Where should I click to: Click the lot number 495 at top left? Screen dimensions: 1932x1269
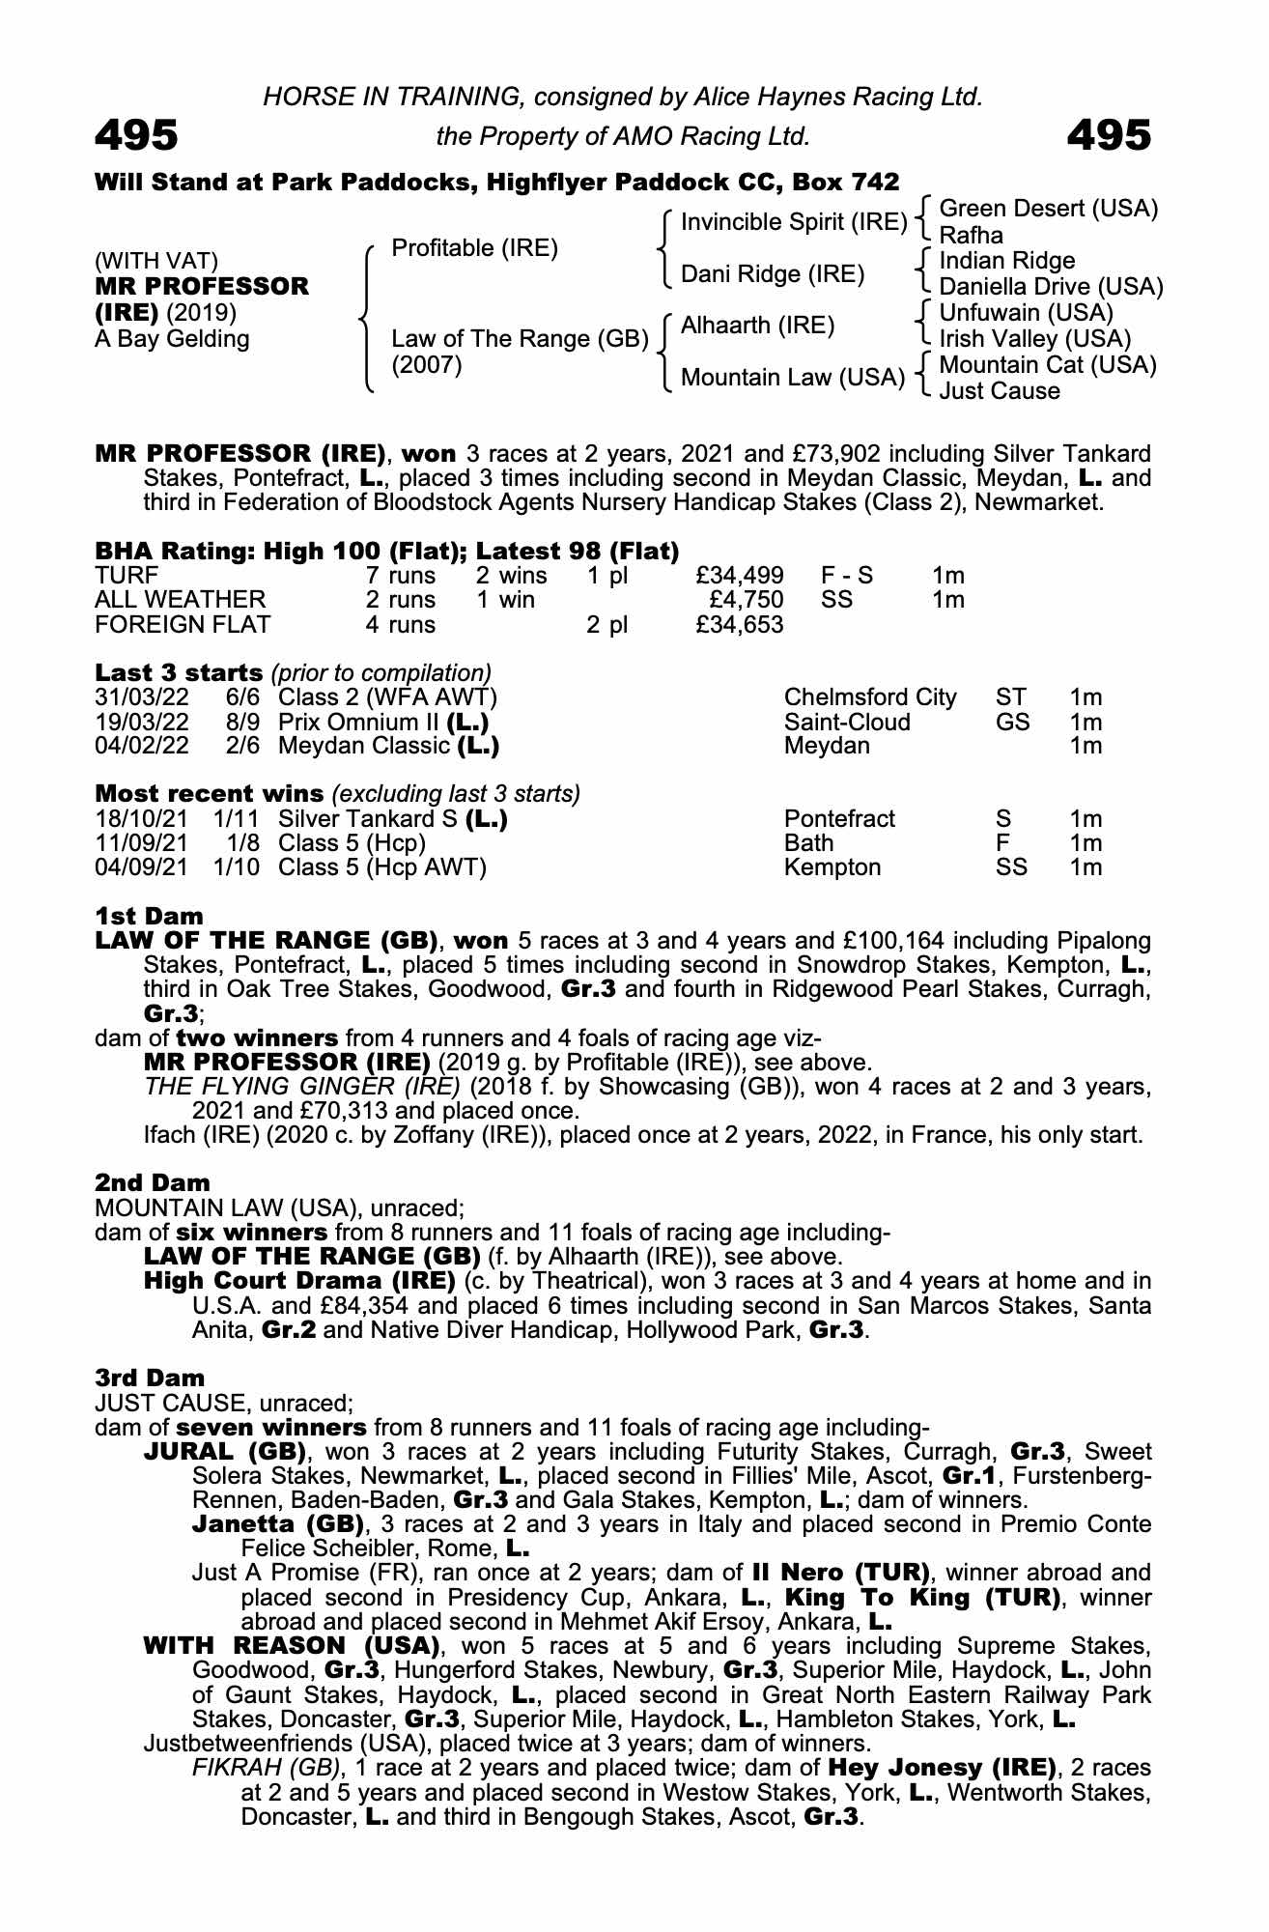pyautogui.click(x=136, y=135)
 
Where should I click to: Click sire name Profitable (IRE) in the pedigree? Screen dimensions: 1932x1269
pyautogui.click(x=474, y=248)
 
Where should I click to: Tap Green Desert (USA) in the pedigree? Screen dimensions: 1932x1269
pyautogui.click(x=1048, y=209)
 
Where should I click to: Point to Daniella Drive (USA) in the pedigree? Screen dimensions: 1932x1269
pyautogui.click(x=1051, y=287)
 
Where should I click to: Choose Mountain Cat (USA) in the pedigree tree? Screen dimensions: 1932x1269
pyautogui.click(x=1047, y=365)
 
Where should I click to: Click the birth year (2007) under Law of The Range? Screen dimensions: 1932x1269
pyautogui.click(x=427, y=365)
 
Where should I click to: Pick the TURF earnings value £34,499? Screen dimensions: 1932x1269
pyautogui.click(x=740, y=576)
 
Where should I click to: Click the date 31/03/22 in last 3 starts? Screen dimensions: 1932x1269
pyautogui.click(x=142, y=697)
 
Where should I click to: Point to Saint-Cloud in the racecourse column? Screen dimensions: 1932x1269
pyautogui.click(x=847, y=722)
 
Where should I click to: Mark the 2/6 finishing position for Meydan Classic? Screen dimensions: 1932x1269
pyautogui.click(x=244, y=746)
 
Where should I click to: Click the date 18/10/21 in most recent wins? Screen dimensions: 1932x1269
pyautogui.click(x=142, y=819)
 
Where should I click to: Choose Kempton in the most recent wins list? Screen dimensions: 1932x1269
pyautogui.click(x=832, y=867)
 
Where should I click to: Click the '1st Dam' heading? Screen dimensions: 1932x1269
pyautogui.click(x=149, y=916)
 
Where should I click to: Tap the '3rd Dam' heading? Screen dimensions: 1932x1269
pyautogui.click(x=150, y=1378)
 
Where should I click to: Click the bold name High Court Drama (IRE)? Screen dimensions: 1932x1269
pyautogui.click(x=299, y=1281)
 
